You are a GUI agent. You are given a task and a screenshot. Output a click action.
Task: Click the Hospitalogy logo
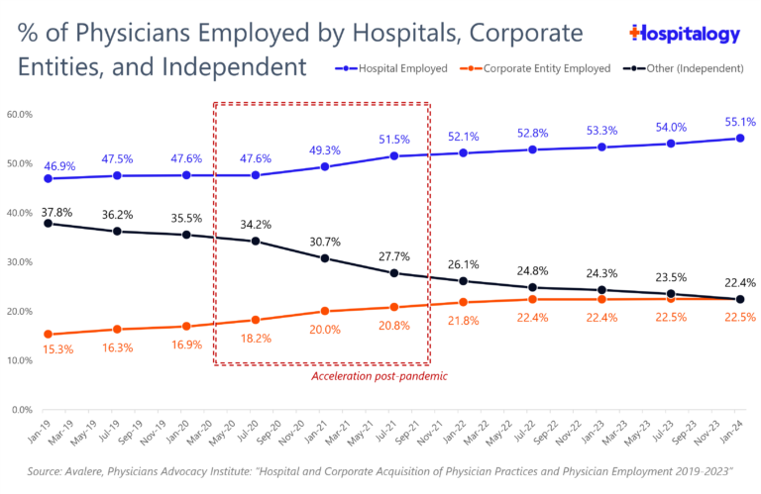pos(685,34)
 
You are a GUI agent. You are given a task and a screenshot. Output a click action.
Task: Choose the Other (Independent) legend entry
pos(690,68)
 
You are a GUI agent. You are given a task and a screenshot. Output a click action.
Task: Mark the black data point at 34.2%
pos(256,241)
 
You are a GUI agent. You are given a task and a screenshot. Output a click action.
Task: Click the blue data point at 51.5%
pos(394,155)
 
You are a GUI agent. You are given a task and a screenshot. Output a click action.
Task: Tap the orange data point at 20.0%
pos(325,311)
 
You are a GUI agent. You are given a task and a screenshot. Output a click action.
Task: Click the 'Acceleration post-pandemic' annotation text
pos(380,376)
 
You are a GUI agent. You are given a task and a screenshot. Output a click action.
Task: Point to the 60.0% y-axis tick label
pos(20,114)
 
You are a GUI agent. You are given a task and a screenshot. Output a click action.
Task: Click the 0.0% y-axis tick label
pos(22,409)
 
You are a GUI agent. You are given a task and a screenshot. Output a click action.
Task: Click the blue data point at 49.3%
pos(325,166)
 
